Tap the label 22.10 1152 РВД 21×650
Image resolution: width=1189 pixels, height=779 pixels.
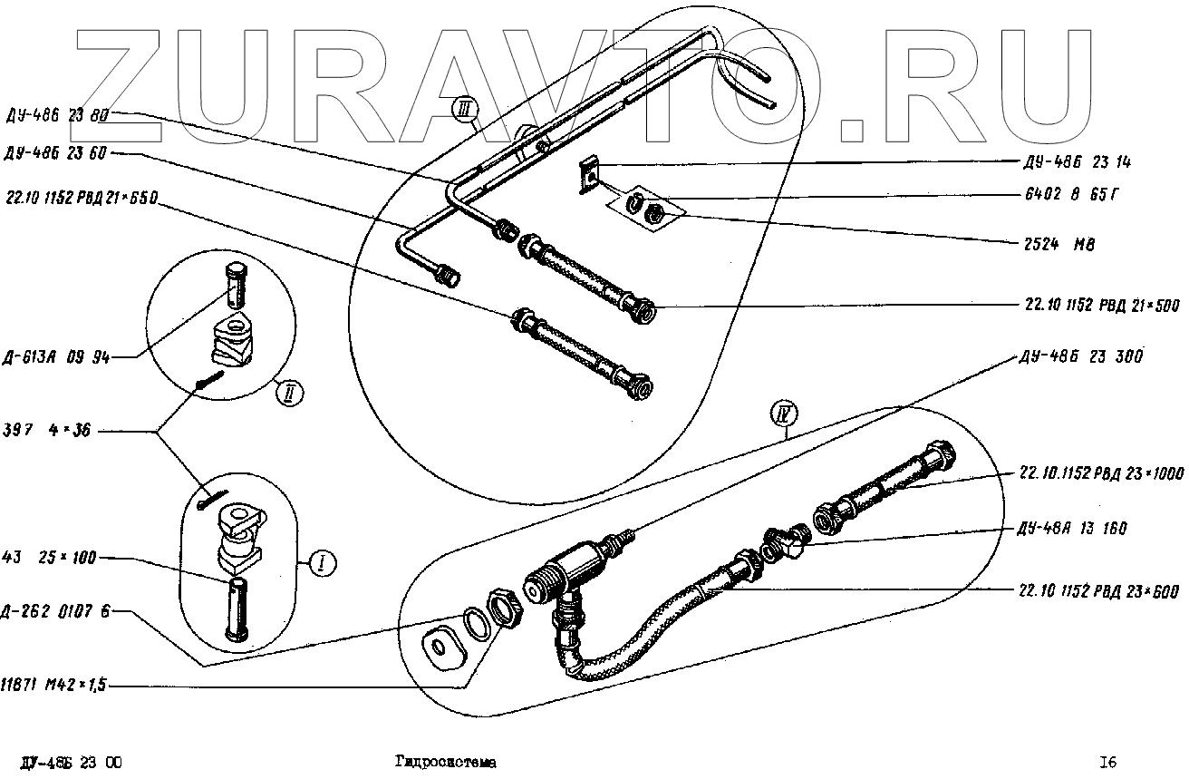click(82, 196)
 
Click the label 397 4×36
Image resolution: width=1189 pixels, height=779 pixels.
click(48, 433)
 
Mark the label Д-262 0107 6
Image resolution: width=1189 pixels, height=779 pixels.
click(56, 610)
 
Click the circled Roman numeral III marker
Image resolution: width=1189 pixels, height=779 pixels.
click(465, 112)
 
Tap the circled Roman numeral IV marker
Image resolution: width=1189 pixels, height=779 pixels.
click(781, 414)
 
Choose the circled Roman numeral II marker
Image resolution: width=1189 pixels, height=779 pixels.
click(288, 394)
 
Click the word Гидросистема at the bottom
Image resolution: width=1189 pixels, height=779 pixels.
click(445, 763)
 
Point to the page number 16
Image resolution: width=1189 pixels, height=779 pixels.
click(1107, 763)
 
